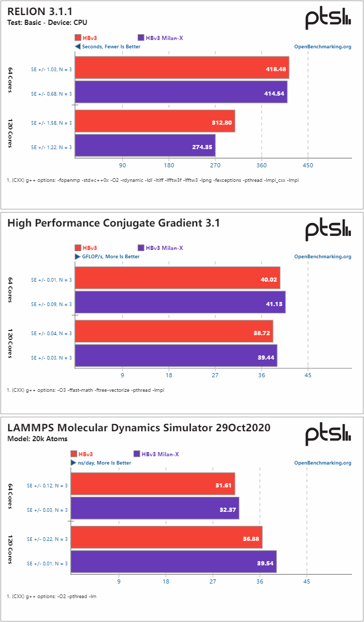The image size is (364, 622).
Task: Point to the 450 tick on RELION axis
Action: coord(308,166)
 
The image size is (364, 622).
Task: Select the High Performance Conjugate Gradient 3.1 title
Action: coord(113,223)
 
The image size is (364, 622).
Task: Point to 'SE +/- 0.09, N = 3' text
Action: coord(51,304)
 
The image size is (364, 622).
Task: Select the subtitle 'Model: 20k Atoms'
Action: coord(37,439)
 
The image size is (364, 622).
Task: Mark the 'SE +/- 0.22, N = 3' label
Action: coord(47,539)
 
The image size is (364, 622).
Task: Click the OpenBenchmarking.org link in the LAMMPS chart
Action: coord(322,462)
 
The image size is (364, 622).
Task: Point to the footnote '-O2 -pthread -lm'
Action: coord(52,596)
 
